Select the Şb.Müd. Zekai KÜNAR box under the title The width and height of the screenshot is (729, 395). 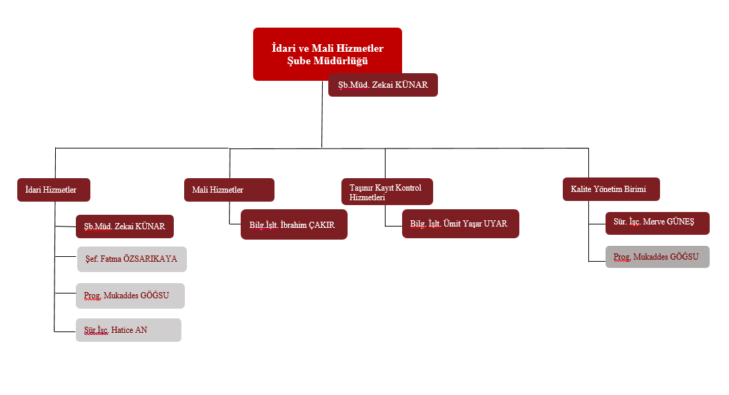[383, 85]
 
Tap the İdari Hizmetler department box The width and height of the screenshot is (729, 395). [54, 190]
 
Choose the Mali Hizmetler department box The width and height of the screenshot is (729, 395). [229, 190]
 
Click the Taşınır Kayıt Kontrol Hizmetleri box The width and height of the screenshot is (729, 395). [387, 191]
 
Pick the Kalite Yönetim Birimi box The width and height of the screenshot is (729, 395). [610, 189]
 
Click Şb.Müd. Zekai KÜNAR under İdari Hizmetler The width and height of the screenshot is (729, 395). [124, 227]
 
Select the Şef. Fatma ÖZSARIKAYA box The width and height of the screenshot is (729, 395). [131, 259]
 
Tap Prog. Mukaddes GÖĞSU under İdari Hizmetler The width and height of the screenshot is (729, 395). [130, 296]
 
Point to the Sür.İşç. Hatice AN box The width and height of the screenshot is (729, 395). [128, 330]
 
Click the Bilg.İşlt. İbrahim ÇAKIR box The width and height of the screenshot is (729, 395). [294, 224]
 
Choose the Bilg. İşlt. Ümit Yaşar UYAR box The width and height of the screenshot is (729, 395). [460, 224]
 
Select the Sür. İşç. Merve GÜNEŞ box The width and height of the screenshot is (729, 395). [657, 223]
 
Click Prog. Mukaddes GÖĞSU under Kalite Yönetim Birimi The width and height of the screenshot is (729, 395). [657, 257]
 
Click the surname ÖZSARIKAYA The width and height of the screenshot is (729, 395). [150, 259]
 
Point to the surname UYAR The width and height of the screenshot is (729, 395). [496, 224]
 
